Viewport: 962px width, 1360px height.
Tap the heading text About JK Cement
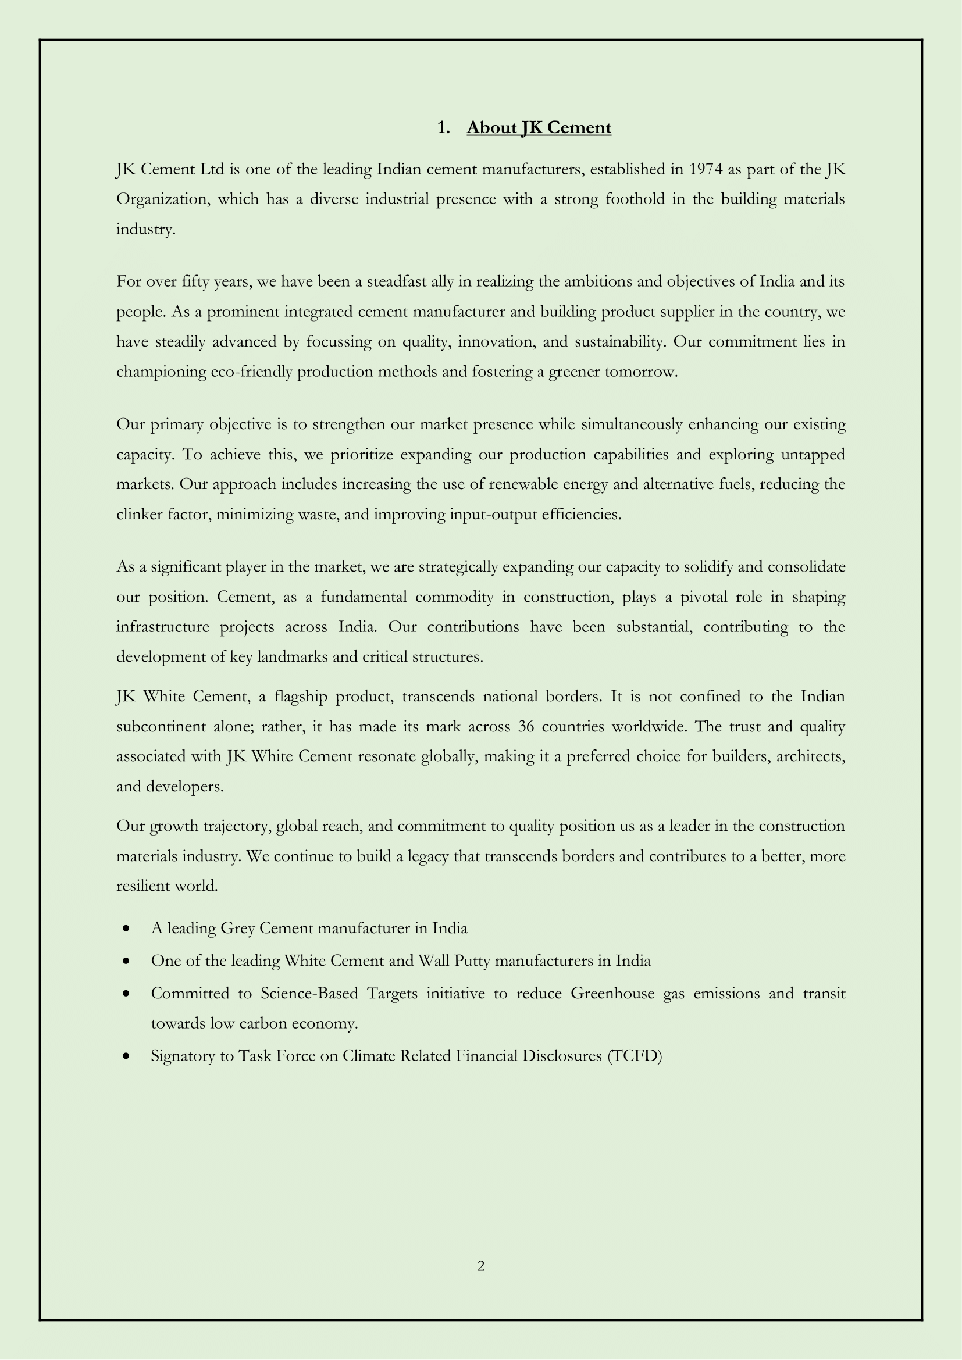tap(539, 127)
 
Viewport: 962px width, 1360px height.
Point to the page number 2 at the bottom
tap(481, 1266)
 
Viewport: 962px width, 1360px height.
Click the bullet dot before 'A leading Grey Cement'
tap(126, 929)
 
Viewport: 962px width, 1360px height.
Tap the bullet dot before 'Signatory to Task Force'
tap(126, 1056)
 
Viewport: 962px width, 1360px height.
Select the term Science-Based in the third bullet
tap(309, 993)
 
